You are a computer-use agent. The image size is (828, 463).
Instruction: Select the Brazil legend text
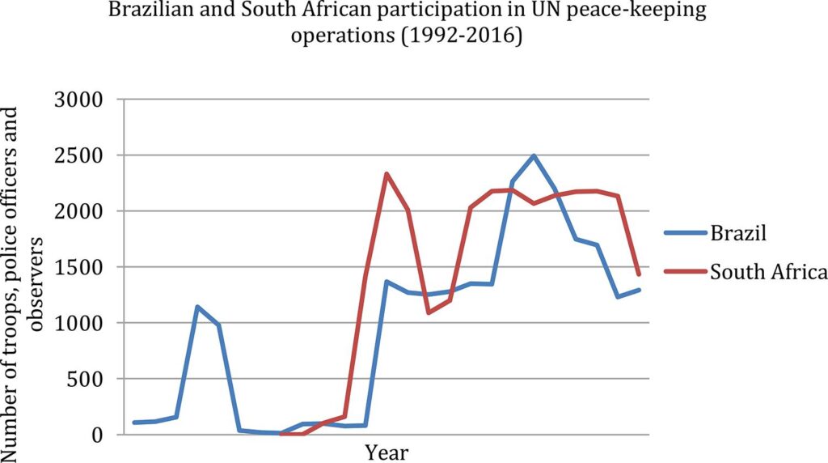[737, 235]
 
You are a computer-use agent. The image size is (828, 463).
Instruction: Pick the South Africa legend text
[768, 272]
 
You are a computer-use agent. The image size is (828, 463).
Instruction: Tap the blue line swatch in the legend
[684, 235]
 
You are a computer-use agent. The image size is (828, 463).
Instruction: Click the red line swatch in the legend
[684, 272]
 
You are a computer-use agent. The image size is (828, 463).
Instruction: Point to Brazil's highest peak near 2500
[534, 155]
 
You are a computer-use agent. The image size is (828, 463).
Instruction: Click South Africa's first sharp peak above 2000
[387, 174]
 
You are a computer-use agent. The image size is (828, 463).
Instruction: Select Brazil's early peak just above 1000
[197, 307]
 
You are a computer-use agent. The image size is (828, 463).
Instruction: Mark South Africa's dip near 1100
[429, 312]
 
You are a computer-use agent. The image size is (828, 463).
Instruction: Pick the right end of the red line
[639, 274]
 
